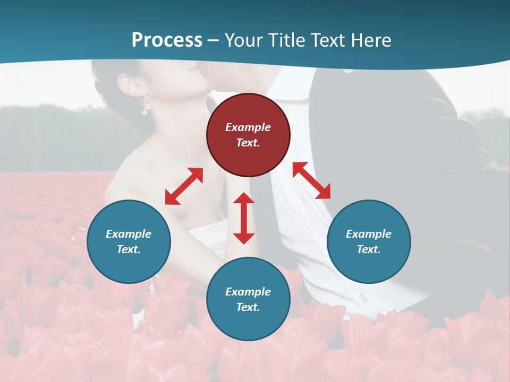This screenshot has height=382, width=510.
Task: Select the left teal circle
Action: pos(129,241)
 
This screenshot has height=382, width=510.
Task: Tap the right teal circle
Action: pos(369,241)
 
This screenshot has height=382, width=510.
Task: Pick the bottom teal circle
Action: pos(248,299)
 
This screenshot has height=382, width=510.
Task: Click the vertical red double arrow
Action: pos(244,218)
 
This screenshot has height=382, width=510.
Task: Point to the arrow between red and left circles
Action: pos(184,186)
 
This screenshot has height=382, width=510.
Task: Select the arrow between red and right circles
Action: pos(311,180)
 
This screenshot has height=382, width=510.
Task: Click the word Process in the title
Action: pos(167,40)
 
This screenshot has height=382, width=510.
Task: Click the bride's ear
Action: pos(127,85)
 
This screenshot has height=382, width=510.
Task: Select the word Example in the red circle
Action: pos(248,127)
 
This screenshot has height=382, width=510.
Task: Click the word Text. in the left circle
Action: pos(129,249)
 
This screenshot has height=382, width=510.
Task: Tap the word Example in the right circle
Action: pos(369,234)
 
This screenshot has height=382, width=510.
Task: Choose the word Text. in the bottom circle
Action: pos(248,307)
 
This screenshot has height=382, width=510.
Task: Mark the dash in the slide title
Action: pos(214,40)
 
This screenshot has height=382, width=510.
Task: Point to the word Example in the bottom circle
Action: pos(248,292)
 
